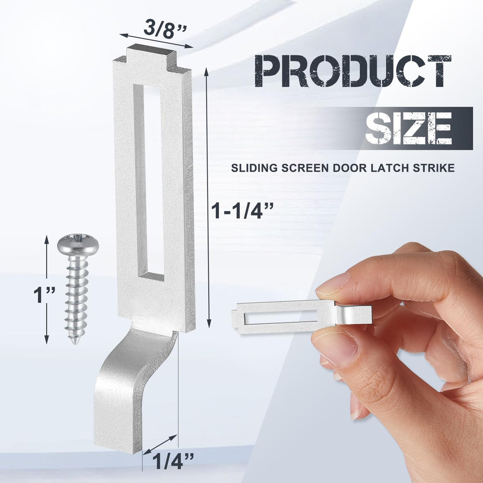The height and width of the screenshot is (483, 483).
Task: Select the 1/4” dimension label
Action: point(173,462)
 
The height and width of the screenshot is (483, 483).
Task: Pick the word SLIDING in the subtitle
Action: point(254,168)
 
